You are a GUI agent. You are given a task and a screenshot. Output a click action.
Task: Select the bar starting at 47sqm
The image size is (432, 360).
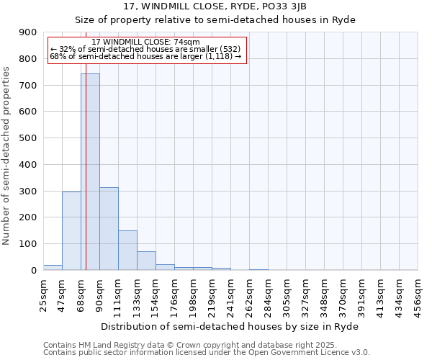71,230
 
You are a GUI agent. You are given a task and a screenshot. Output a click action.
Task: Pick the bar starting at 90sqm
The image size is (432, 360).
109,228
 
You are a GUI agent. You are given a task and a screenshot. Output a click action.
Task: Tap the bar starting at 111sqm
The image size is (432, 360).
127,250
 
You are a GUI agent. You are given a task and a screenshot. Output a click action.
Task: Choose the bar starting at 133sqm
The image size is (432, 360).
146,261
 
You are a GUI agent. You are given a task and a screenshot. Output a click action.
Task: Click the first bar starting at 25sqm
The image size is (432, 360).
53,267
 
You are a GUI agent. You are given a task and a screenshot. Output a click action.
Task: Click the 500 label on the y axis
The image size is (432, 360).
28,138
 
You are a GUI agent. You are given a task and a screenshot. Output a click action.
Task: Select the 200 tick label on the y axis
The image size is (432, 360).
28,217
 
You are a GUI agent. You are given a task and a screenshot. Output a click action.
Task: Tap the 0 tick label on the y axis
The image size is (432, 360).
34,270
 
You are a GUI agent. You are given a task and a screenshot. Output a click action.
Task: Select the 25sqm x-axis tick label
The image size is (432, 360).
44,295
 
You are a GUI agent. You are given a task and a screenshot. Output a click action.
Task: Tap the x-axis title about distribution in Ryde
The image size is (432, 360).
229,326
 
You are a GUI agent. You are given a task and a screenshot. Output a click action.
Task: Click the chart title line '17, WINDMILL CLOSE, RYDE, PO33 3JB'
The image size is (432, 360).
215,6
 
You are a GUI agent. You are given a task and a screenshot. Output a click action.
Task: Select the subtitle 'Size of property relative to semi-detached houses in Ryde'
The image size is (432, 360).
215,19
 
